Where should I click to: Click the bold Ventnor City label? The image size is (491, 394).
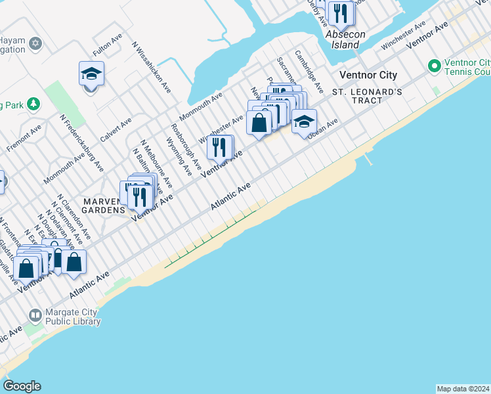click(x=368, y=75)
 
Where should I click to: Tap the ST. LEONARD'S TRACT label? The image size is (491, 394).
click(x=366, y=96)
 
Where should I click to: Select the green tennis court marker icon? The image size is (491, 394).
click(x=433, y=66)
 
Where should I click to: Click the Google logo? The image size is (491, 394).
click(x=22, y=386)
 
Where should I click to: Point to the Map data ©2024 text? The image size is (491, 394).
click(x=463, y=389)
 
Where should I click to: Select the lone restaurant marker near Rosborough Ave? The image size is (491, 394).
click(x=220, y=147)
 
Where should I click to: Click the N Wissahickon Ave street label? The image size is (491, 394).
click(x=152, y=68)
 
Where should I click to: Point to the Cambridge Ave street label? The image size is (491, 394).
click(x=309, y=71)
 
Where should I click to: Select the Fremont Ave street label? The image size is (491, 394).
click(x=24, y=139)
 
